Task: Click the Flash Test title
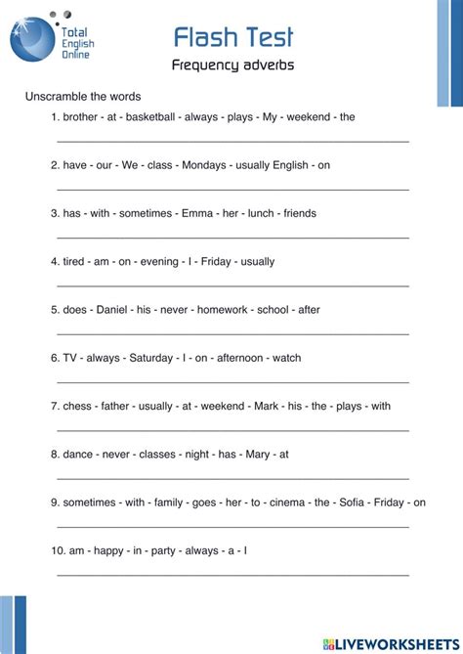(232, 37)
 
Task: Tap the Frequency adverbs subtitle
(232, 66)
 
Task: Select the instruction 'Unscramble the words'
(83, 97)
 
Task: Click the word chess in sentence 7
(77, 406)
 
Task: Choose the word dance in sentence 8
(78, 454)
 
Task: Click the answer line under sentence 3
(232, 237)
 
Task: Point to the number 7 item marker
(55, 406)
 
